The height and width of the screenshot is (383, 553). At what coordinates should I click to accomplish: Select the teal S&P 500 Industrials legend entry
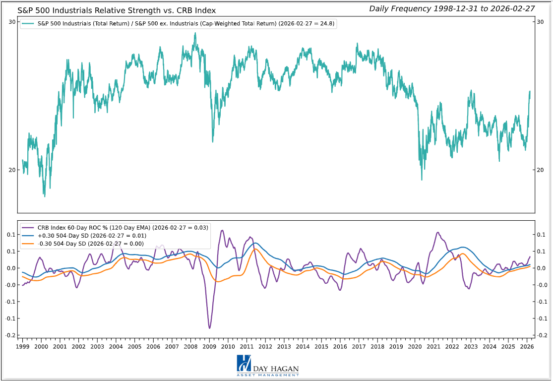click(x=179, y=24)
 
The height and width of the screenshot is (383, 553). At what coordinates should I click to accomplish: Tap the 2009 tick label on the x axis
click(x=209, y=346)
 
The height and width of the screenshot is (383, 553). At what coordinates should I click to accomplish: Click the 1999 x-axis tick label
click(x=23, y=346)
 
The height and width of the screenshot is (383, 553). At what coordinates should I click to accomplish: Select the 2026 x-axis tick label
click(x=527, y=346)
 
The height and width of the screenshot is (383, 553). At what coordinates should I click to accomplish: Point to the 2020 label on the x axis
click(x=415, y=346)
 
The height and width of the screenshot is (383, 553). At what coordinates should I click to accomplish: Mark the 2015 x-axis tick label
click(x=321, y=346)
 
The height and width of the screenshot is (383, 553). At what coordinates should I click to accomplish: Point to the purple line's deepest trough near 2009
click(x=209, y=328)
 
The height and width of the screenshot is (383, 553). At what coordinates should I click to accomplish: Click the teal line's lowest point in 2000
click(x=44, y=196)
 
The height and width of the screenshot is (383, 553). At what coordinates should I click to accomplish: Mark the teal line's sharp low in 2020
click(x=422, y=180)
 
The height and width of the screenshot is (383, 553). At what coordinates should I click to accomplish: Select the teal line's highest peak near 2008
click(x=195, y=33)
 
